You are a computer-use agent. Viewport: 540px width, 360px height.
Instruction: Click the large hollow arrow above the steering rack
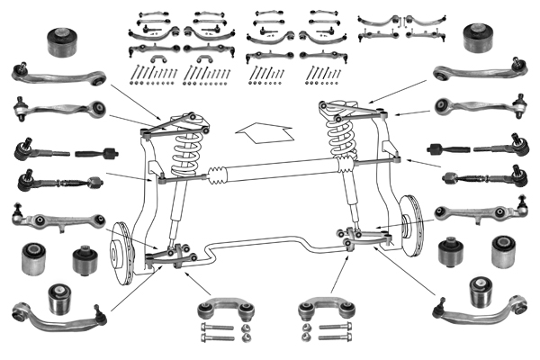[x=263, y=132]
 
